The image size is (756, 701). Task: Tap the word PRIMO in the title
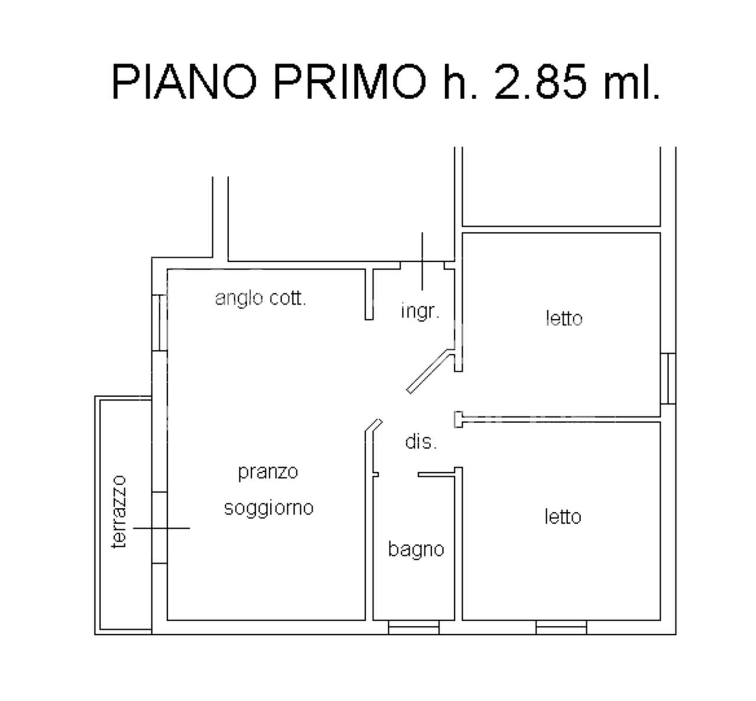pos(350,82)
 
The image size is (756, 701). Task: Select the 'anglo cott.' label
pos(260,298)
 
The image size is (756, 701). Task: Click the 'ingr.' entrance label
pos(420,311)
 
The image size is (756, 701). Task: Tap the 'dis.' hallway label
pos(421,442)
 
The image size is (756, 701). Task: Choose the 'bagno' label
pos(416,549)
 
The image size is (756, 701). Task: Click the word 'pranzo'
pos(268,472)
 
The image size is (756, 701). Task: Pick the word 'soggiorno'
pos(268,508)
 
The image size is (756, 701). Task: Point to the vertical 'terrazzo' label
pos(120,512)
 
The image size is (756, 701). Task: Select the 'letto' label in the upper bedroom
pos(563,319)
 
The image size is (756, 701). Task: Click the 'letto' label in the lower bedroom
pos(562,517)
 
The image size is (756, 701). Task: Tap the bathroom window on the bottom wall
pos(413,627)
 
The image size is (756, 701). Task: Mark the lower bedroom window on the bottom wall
pos(561,627)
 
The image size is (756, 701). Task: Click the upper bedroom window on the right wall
pos(667,378)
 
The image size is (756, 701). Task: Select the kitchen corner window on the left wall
pos(159,323)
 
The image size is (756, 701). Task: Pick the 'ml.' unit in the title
pos(631,82)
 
